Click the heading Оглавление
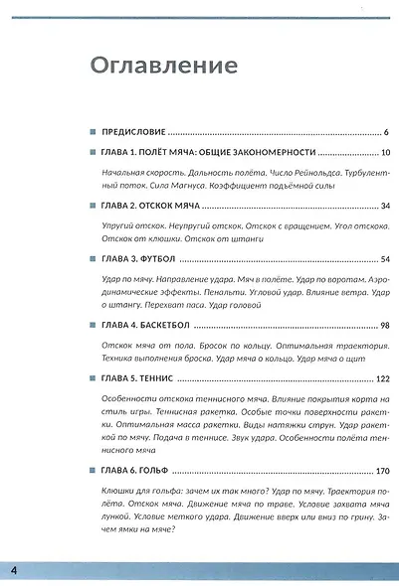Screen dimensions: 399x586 tap(165, 66)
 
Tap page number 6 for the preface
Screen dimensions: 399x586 tap(385, 131)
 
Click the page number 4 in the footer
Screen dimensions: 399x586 tap(14, 569)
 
